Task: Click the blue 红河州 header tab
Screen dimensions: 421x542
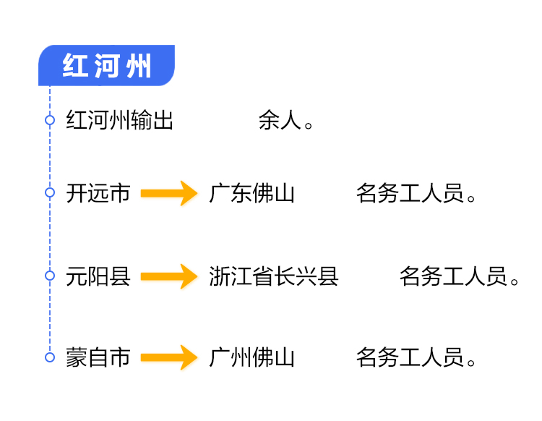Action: (x=106, y=66)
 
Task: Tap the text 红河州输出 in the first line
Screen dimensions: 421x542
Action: (x=120, y=120)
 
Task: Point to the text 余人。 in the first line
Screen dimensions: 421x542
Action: (x=287, y=120)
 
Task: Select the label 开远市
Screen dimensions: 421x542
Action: (x=98, y=193)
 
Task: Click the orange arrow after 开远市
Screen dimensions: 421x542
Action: (x=169, y=193)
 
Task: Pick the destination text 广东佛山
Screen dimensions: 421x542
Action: (x=252, y=193)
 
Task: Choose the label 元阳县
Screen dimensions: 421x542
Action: (x=98, y=276)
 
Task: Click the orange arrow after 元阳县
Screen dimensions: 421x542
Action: (x=169, y=276)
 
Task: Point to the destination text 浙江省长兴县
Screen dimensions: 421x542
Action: (x=274, y=276)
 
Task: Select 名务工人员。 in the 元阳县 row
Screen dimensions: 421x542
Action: (x=460, y=276)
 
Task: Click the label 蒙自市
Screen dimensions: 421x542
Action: (x=98, y=357)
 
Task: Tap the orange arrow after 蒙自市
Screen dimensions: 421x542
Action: (x=169, y=357)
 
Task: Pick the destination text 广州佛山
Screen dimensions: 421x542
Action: (x=252, y=357)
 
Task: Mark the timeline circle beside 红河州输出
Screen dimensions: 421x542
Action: (x=50, y=120)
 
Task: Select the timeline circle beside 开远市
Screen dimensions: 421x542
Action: (x=50, y=192)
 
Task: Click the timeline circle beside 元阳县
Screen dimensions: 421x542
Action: (x=50, y=276)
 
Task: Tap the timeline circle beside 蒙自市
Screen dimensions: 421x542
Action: (x=50, y=357)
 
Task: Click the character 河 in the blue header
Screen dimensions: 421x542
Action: (x=106, y=66)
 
